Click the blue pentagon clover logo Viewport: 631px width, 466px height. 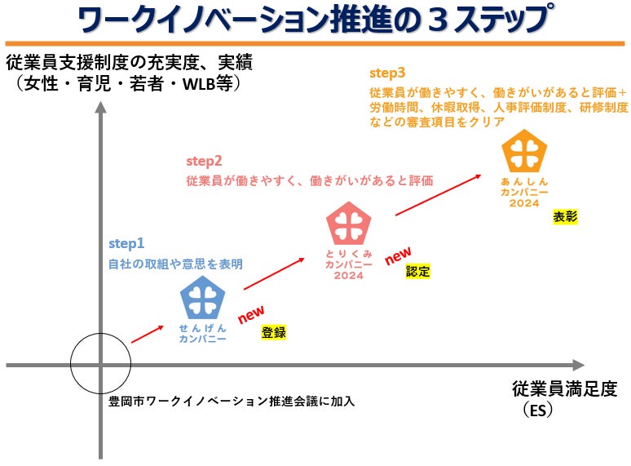point(203,299)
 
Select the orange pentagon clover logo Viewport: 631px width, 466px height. point(524,153)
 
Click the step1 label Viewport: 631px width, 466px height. point(126,243)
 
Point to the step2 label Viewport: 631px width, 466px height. point(204,160)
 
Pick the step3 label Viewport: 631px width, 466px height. point(387,73)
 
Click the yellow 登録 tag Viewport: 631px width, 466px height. point(274,332)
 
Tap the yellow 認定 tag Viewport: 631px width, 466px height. point(418,272)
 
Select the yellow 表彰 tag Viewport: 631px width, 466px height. point(565,216)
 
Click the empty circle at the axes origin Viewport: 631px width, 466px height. point(100,365)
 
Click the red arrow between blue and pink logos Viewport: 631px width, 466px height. point(275,274)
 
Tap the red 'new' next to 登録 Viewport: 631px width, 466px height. point(250,314)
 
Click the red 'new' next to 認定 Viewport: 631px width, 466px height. point(398,256)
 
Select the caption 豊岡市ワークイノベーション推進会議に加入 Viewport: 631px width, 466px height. point(232,401)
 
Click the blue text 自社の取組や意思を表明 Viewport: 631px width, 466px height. point(175,264)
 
